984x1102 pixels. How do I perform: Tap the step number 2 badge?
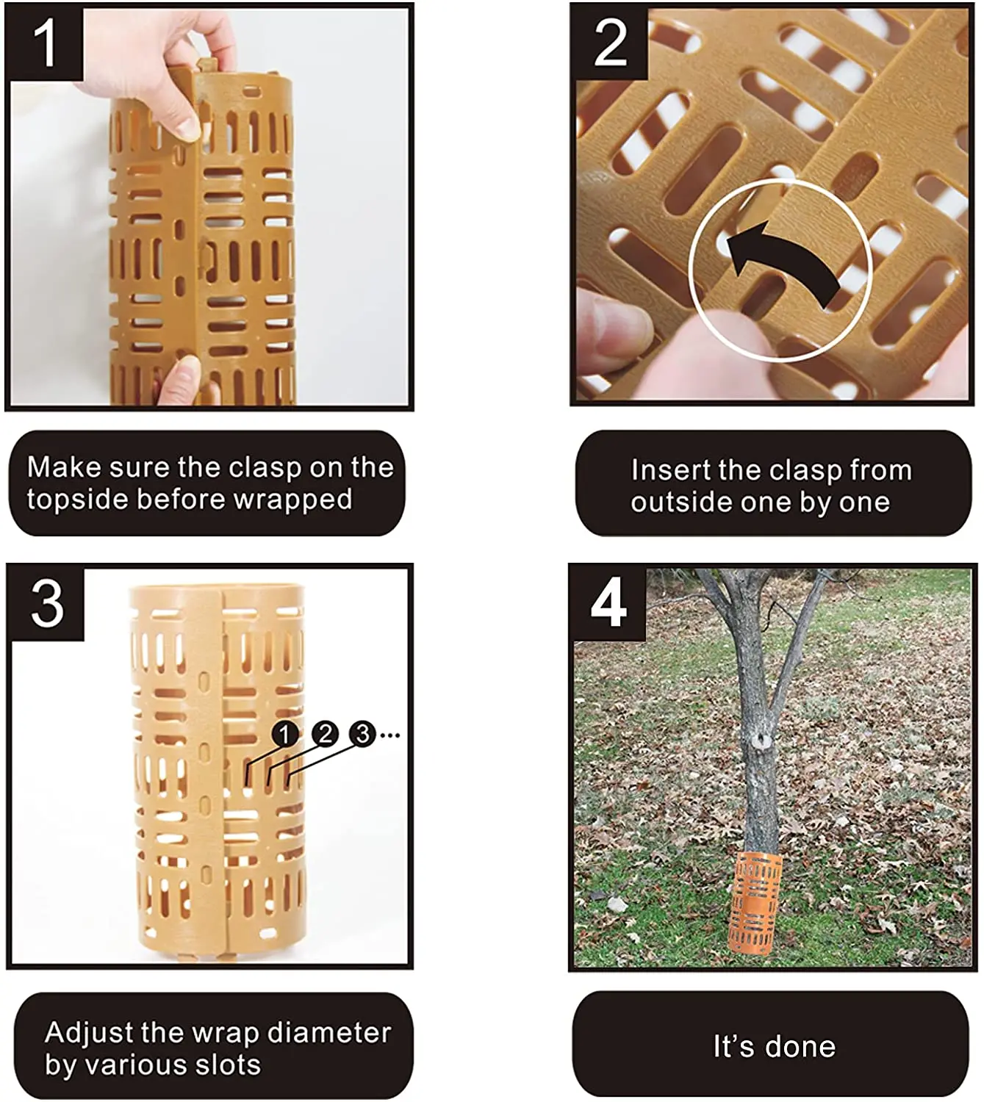point(609,43)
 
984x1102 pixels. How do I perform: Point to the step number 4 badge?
point(608,603)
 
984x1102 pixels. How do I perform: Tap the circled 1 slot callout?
point(284,735)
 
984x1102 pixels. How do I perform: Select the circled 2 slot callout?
point(325,735)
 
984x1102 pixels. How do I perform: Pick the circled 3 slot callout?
point(362,735)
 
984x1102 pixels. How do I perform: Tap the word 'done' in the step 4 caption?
point(800,1046)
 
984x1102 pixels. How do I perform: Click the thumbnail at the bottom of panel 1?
point(188,372)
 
